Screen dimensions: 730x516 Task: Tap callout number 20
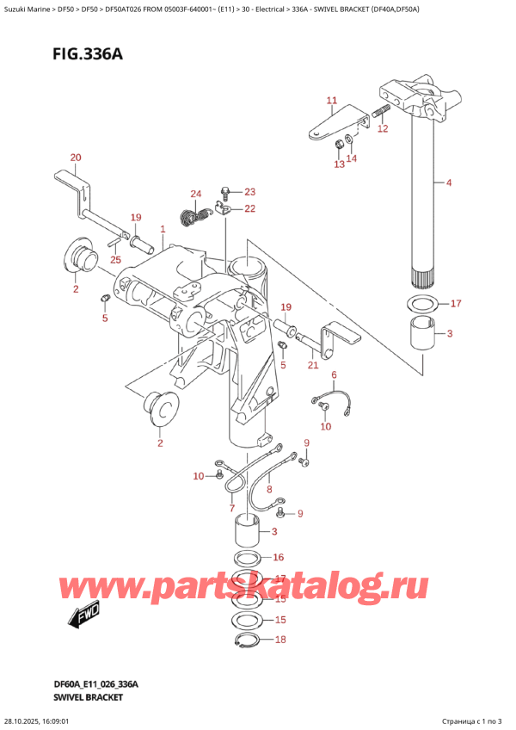(76, 158)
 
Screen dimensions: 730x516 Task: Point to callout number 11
(332, 101)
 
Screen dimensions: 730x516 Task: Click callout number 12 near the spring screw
(383, 129)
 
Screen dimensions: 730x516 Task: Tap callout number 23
(249, 191)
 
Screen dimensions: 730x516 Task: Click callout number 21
(313, 366)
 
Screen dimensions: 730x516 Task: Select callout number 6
(335, 374)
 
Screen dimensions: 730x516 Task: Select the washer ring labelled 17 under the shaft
(421, 303)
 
